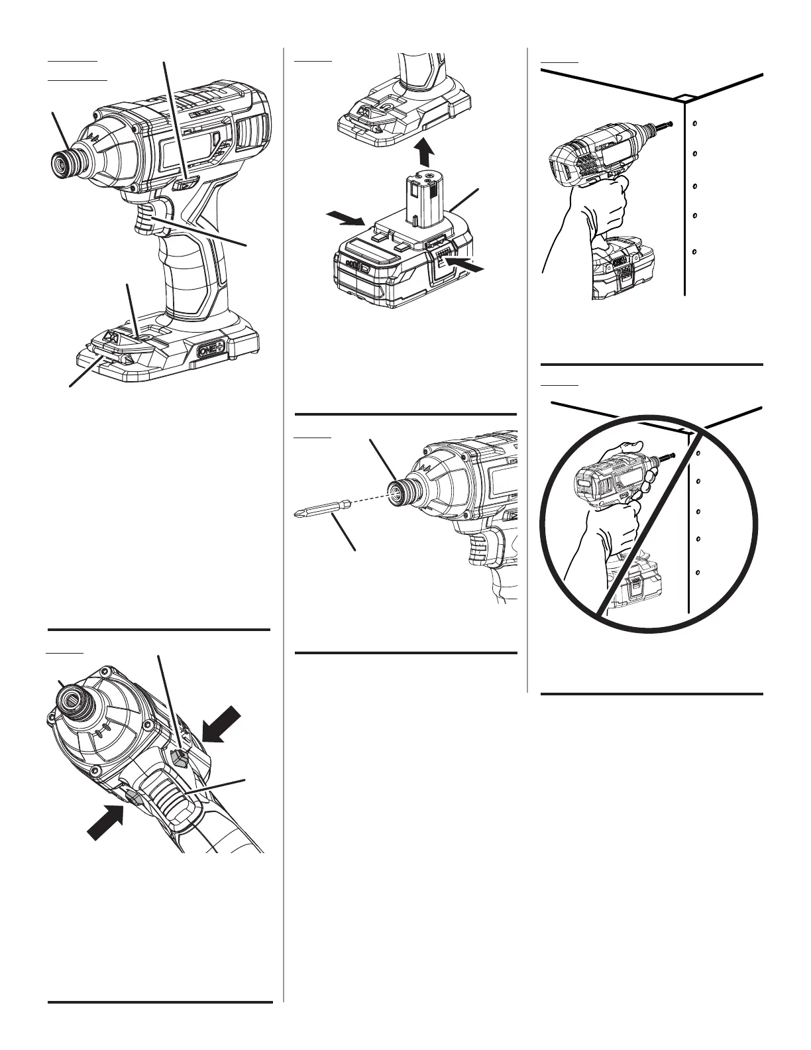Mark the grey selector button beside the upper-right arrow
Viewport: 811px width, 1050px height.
coord(180,757)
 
